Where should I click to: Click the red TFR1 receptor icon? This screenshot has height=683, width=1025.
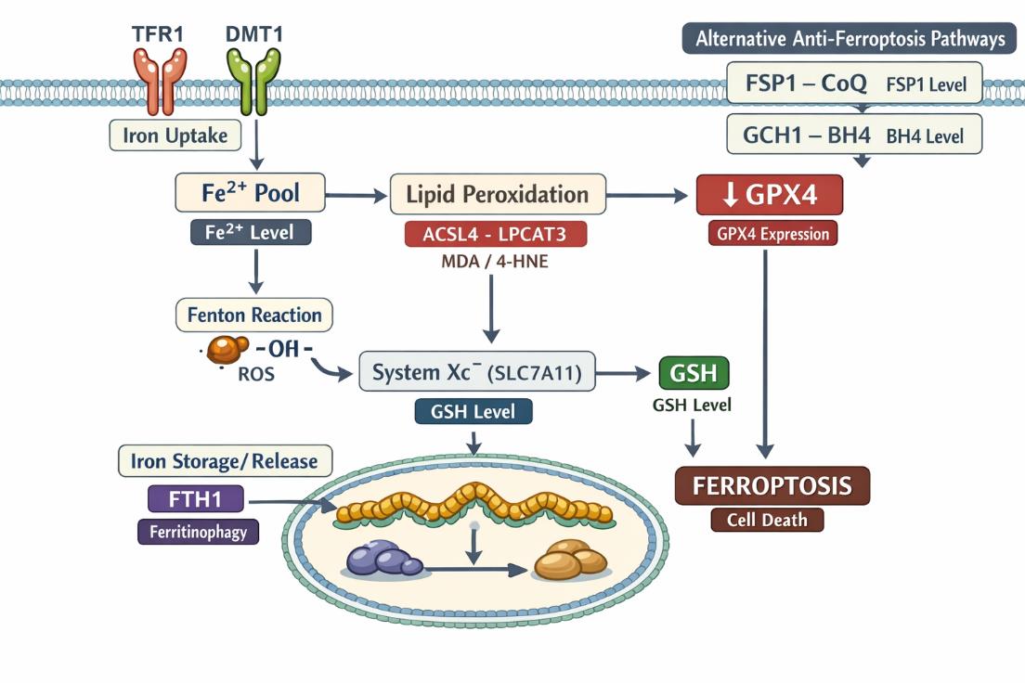(161, 81)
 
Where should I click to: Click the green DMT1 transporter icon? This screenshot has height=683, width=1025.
(253, 81)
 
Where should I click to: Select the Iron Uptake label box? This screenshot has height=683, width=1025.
(175, 135)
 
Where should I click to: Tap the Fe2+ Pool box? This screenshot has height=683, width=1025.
(251, 194)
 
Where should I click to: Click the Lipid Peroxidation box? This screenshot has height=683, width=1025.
(498, 195)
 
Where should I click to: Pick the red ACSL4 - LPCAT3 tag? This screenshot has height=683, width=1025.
(496, 233)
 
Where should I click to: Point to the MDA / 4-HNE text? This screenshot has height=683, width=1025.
(495, 261)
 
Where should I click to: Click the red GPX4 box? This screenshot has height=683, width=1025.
(770, 196)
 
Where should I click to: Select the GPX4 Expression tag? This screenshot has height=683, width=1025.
(772, 234)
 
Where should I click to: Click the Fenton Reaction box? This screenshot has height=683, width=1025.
(253, 315)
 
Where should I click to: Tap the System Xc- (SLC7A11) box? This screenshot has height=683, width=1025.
(477, 372)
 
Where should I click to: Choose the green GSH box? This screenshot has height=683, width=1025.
(694, 373)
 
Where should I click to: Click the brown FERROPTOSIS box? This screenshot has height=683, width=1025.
(772, 485)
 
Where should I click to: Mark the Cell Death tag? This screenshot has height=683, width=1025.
(766, 520)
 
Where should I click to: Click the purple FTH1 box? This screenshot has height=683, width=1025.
(195, 499)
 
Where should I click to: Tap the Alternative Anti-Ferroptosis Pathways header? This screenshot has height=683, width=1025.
(850, 38)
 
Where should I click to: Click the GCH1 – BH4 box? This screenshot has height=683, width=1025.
(853, 135)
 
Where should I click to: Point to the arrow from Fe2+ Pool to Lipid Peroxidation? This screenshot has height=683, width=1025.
(356, 195)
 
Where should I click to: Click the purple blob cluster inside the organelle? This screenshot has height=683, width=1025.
(383, 560)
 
